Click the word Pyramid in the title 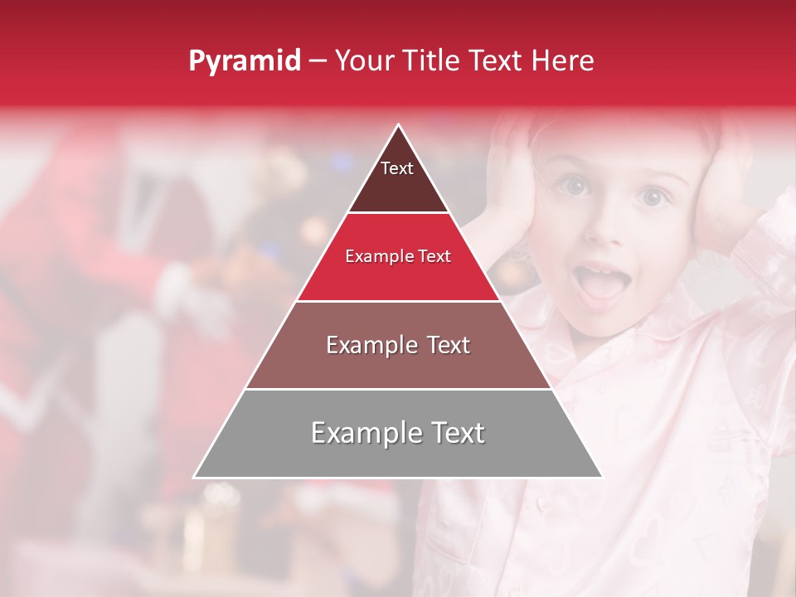coord(245,61)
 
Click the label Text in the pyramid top coord(397,168)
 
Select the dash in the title coord(317,61)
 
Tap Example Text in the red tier coord(398,256)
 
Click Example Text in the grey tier coord(398,433)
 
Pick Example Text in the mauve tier coord(398,345)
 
